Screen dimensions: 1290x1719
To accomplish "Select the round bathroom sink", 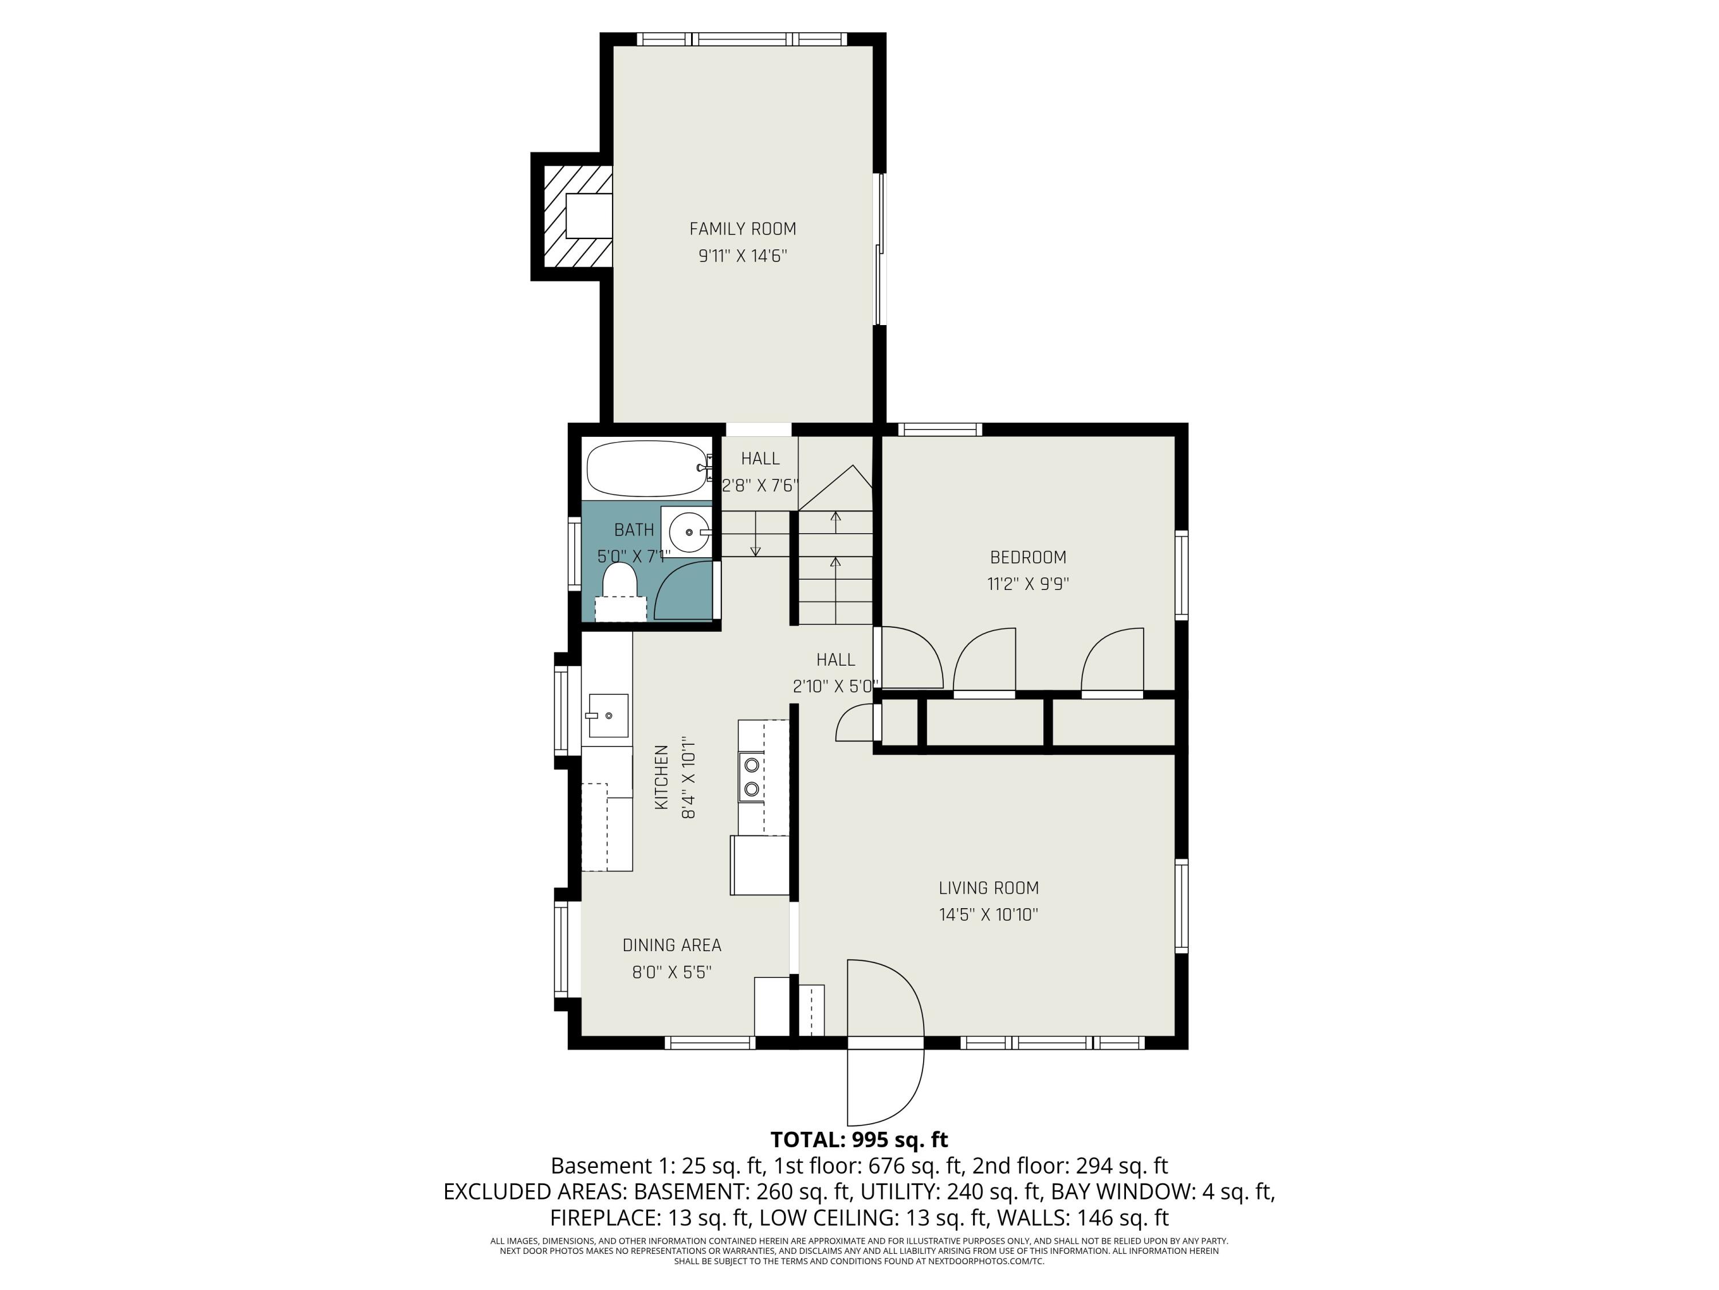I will point(688,532).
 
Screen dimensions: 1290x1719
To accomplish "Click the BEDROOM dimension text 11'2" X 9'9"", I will point(1027,584).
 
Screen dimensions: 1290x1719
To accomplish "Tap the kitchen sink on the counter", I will point(606,716).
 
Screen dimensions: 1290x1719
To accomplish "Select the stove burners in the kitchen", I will point(751,777).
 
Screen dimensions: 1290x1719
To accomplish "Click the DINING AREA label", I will point(672,945).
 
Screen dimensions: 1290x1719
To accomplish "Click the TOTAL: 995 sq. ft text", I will point(859,1140).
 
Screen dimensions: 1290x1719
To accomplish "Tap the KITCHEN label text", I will point(661,777).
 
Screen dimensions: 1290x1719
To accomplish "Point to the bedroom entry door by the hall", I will point(911,657).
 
